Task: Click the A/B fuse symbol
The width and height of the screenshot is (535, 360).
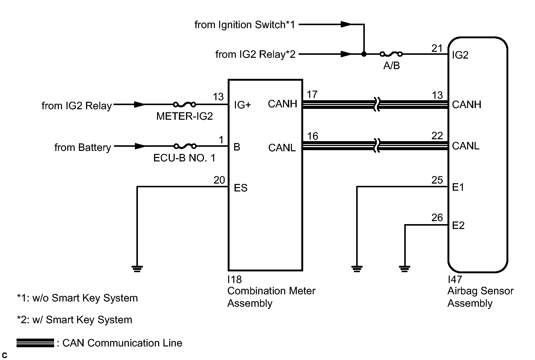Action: click(391, 54)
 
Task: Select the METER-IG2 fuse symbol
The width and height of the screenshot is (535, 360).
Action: click(184, 104)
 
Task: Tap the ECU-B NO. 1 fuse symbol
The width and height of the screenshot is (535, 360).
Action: click(185, 146)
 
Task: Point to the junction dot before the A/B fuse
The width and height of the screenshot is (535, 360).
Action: click(364, 54)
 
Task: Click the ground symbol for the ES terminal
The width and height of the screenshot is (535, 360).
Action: click(137, 269)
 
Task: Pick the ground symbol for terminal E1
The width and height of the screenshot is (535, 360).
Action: click(357, 269)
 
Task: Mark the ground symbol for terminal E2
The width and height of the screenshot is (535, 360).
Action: click(405, 269)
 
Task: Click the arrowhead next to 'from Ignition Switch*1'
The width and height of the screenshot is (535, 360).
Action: click(346, 24)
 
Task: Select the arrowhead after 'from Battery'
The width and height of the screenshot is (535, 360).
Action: click(140, 146)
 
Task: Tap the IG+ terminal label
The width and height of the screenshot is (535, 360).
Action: click(242, 105)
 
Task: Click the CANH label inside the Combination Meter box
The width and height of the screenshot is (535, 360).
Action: click(283, 104)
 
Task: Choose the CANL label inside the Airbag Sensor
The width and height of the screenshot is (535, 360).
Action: click(466, 146)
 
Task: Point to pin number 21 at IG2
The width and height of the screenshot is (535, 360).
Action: click(437, 48)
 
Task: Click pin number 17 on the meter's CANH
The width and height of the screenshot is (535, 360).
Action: click(312, 95)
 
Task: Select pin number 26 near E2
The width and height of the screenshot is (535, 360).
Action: click(437, 218)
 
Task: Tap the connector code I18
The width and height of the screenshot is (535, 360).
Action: click(234, 279)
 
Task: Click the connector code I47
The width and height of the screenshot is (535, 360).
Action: click(455, 279)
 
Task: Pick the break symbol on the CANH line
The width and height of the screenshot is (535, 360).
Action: click(377, 104)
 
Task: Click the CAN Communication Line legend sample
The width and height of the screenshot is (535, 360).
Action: click(35, 343)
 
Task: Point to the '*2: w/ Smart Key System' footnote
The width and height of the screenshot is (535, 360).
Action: click(74, 320)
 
